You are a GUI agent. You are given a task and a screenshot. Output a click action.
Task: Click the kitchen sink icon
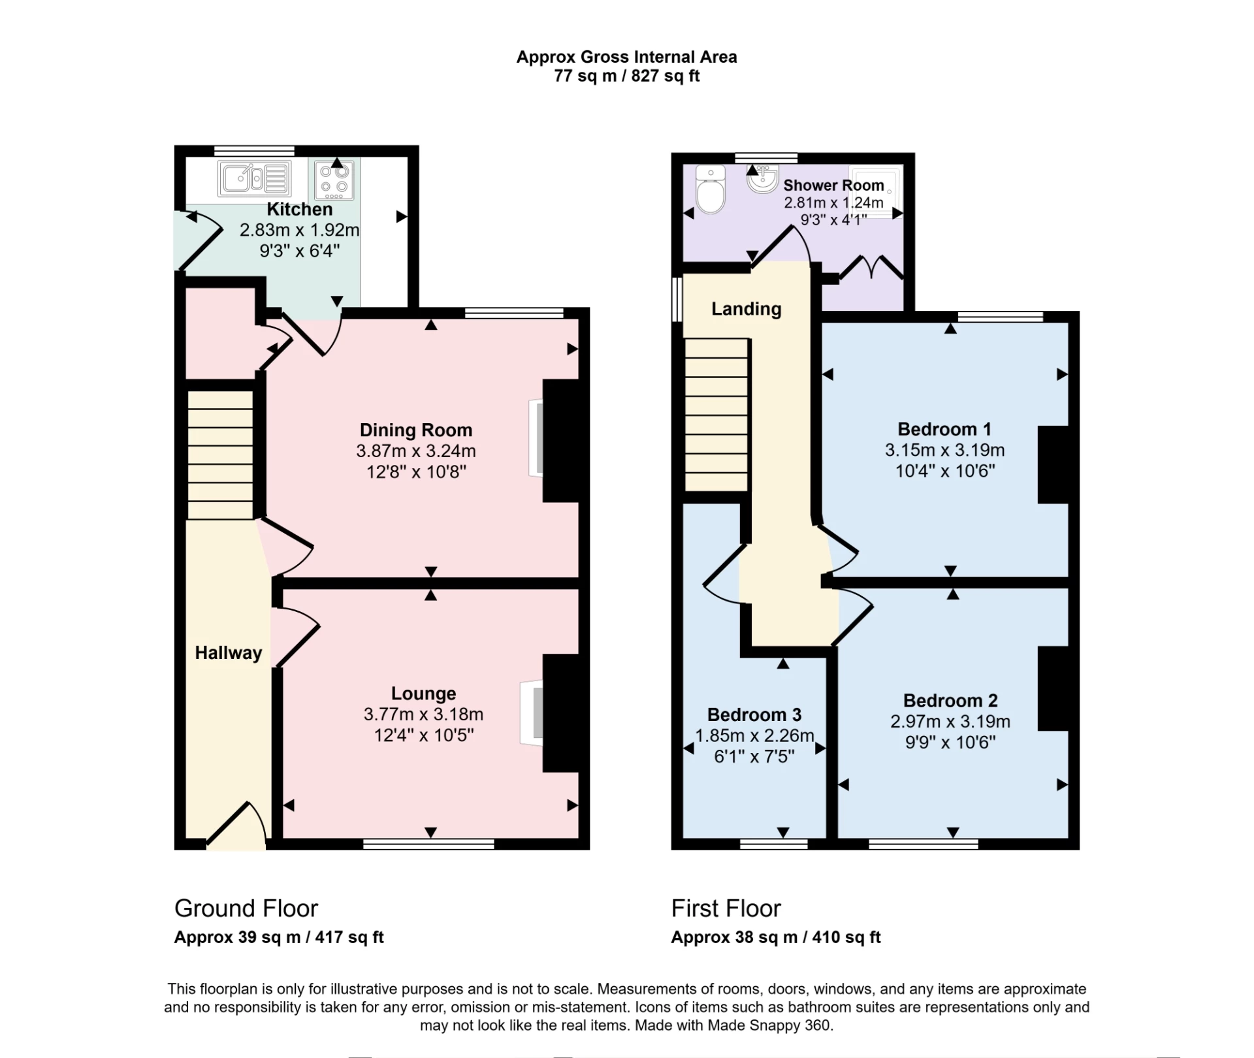click(x=254, y=178)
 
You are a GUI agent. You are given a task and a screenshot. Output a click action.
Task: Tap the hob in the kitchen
click(x=334, y=180)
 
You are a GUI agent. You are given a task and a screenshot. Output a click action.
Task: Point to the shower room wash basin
click(x=762, y=179)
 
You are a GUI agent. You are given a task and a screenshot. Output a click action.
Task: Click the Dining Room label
click(x=415, y=430)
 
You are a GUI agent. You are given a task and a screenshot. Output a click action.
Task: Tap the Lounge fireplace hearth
click(x=532, y=713)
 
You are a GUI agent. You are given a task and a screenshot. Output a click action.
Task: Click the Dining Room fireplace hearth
click(x=536, y=438)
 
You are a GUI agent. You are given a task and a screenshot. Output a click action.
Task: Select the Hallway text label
click(x=228, y=652)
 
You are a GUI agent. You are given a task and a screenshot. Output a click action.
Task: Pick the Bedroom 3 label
click(x=754, y=714)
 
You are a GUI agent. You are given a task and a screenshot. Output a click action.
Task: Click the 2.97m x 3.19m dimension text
click(x=950, y=722)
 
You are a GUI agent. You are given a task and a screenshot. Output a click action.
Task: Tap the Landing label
click(x=746, y=308)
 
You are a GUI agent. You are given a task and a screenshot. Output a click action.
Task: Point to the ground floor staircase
click(x=221, y=455)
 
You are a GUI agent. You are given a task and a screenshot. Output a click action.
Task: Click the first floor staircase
click(x=716, y=415)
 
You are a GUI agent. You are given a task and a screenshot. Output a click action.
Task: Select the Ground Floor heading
click(x=246, y=908)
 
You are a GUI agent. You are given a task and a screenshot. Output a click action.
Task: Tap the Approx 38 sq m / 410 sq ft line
click(x=775, y=937)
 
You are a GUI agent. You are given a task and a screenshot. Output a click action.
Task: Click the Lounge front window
click(x=428, y=844)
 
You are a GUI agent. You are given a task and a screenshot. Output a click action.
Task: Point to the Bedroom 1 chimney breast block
click(x=1053, y=464)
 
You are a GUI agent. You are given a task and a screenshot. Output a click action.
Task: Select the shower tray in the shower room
click(x=877, y=191)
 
